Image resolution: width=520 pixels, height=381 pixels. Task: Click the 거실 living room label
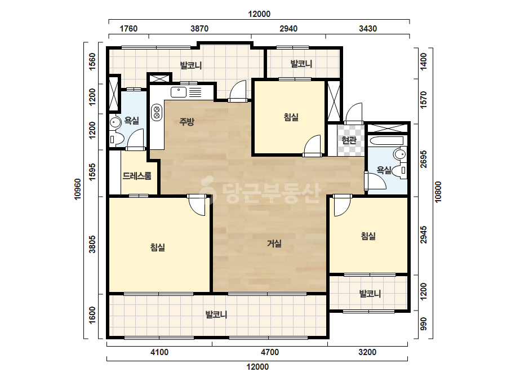point(274,244)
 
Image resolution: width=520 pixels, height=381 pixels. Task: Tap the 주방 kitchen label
point(186,122)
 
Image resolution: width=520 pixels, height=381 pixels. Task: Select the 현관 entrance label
point(349,140)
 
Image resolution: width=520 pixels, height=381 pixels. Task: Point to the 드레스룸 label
point(137,176)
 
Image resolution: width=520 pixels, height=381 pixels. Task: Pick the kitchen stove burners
point(157,112)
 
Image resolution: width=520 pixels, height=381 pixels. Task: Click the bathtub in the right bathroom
point(386,140)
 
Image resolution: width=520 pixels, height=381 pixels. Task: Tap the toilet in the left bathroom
point(116,139)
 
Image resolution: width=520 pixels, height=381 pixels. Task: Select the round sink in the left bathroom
point(115,122)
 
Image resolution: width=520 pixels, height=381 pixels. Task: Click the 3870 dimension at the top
point(199,29)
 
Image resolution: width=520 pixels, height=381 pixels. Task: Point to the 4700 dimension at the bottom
point(270,352)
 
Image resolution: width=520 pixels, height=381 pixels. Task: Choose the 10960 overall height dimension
point(78,189)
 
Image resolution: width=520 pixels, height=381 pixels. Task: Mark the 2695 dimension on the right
point(424,160)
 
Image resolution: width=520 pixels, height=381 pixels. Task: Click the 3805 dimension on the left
point(92,244)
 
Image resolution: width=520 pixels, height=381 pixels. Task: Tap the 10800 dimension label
point(438,192)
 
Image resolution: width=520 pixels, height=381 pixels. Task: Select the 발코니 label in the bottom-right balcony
point(370,294)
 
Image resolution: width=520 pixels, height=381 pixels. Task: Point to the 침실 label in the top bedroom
point(291,117)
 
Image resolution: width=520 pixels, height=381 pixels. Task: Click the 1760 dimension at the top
point(128,29)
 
